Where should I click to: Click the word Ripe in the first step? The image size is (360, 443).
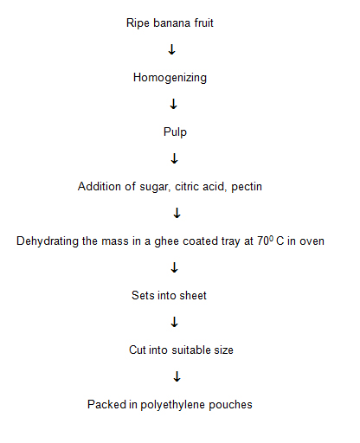click(x=137, y=23)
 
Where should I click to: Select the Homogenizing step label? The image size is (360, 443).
click(x=170, y=78)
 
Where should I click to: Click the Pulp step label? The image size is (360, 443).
click(x=175, y=132)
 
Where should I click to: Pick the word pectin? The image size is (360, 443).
click(x=247, y=187)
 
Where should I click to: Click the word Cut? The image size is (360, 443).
click(x=137, y=350)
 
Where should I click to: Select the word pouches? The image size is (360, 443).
click(x=230, y=405)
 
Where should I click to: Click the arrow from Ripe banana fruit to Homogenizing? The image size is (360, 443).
click(x=171, y=49)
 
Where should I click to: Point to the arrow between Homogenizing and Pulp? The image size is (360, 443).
click(x=173, y=104)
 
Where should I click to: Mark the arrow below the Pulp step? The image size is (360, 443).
click(x=174, y=158)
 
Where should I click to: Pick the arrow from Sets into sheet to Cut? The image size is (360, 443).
click(x=174, y=322)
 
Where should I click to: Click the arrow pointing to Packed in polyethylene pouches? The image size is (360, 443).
click(x=177, y=376)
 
